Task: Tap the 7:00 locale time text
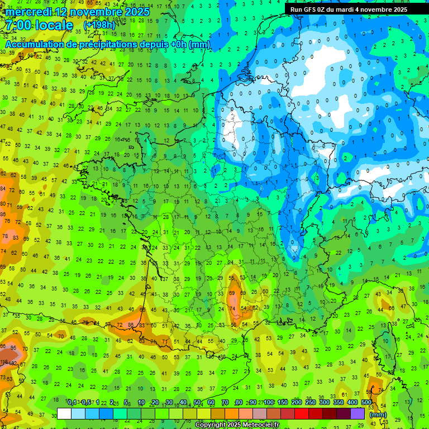(x=40, y=26)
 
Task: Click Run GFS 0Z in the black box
(x=312, y=9)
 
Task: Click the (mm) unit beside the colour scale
(x=378, y=415)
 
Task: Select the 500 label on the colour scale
(x=366, y=403)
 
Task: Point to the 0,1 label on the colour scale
(x=72, y=403)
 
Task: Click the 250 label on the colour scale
(x=311, y=403)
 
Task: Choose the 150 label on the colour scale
(x=283, y=403)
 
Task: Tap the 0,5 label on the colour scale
(x=86, y=403)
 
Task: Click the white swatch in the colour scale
(x=64, y=414)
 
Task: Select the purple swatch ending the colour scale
(x=357, y=414)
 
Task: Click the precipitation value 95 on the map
(x=12, y=355)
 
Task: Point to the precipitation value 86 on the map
(x=130, y=325)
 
